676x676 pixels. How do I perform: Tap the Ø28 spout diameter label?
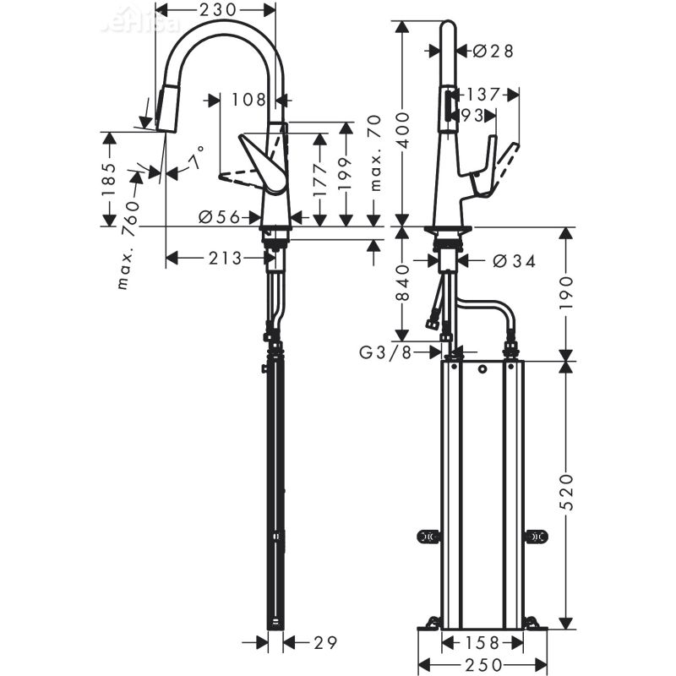[493, 52]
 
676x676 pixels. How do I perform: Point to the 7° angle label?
[196, 159]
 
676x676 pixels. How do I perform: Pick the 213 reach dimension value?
[226, 259]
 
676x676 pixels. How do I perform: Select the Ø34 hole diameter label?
[514, 261]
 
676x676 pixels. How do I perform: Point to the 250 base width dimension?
[482, 665]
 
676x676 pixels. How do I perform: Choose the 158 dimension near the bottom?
[482, 641]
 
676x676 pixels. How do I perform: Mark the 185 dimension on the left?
[109, 179]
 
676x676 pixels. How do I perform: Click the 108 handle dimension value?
[248, 100]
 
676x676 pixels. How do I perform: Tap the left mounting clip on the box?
[428, 537]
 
